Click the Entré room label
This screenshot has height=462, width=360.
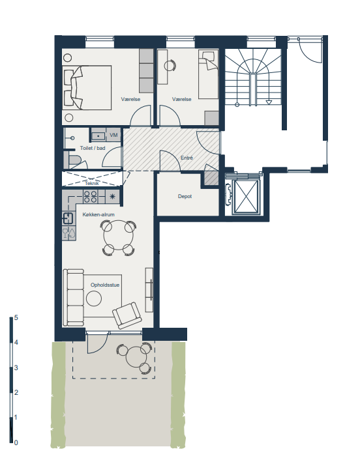pyautogui.click(x=187, y=158)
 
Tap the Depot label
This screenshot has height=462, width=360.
pyautogui.click(x=185, y=196)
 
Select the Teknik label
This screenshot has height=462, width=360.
pyautogui.click(x=92, y=183)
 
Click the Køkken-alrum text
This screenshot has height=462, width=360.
pyautogui.click(x=98, y=214)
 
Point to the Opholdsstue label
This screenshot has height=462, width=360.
pyautogui.click(x=105, y=285)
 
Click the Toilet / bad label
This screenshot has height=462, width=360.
pyautogui.click(x=93, y=148)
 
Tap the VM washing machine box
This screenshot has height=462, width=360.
pyautogui.click(x=113, y=136)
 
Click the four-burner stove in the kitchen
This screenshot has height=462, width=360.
pyautogui.click(x=91, y=197)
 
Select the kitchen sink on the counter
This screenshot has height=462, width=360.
pyautogui.click(x=68, y=218)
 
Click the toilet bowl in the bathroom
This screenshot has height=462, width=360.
pyautogui.click(x=74, y=161)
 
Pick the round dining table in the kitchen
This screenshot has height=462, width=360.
pyautogui.click(x=119, y=235)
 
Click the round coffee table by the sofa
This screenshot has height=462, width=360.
pyautogui.click(x=94, y=298)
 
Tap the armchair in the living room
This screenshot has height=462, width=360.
pyautogui.click(x=127, y=315)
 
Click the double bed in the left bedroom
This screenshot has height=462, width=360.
pyautogui.click(x=87, y=88)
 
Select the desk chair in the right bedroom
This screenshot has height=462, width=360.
pyautogui.click(x=170, y=66)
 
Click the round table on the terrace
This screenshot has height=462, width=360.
pyautogui.click(x=136, y=357)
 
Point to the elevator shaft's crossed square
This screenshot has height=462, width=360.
pyautogui.click(x=247, y=197)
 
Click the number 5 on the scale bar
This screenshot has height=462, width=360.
pyautogui.click(x=16, y=317)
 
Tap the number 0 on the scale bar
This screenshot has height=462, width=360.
pyautogui.click(x=16, y=442)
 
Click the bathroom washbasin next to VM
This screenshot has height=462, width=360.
pyautogui.click(x=98, y=136)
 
